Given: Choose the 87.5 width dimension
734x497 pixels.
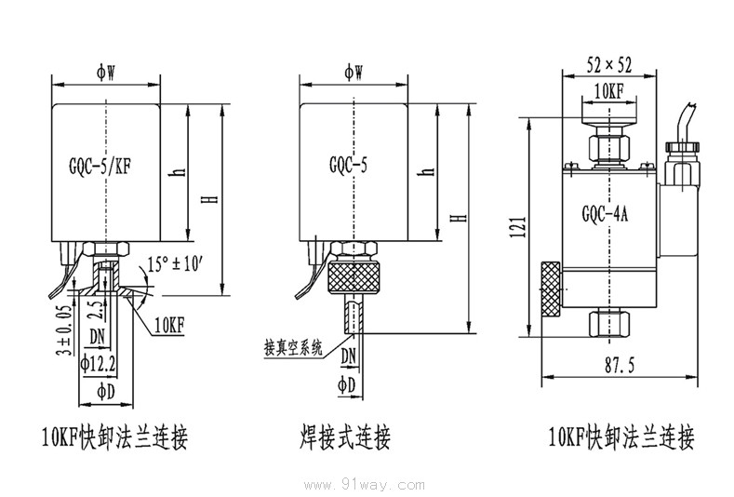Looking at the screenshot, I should click(x=619, y=367).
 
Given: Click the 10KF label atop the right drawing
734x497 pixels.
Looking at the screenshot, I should click(x=607, y=90).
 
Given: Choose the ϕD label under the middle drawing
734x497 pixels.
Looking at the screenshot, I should click(x=347, y=384).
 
